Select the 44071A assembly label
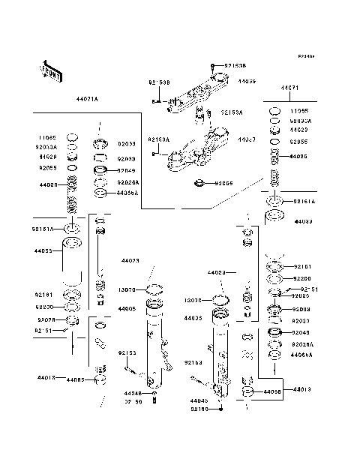click(x=87, y=98)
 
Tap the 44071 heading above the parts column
click(x=289, y=88)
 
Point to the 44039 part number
click(x=247, y=81)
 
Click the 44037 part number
click(x=247, y=140)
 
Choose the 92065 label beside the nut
click(x=224, y=183)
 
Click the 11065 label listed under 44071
click(x=300, y=110)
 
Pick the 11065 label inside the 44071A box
click(x=47, y=138)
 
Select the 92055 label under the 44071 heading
click(x=299, y=141)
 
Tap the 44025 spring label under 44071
click(x=299, y=157)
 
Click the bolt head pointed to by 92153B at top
click(x=213, y=67)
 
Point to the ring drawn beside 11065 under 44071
click(x=274, y=111)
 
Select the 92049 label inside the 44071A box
click(x=126, y=170)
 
